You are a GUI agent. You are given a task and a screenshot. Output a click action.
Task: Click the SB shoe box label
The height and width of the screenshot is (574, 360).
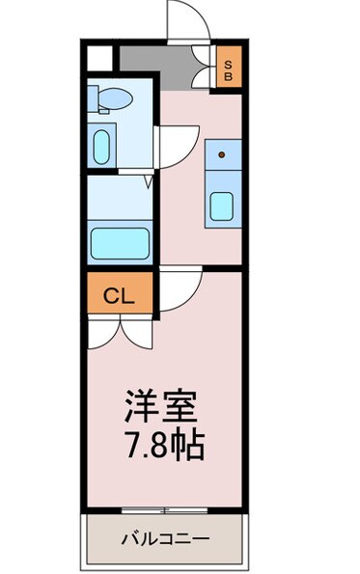(229, 68)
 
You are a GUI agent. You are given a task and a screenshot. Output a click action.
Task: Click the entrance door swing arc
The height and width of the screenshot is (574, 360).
(183, 21)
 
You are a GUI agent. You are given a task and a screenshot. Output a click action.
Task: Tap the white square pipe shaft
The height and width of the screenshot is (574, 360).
(97, 56)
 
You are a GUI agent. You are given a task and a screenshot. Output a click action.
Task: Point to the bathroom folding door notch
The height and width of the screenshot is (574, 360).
(149, 179)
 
